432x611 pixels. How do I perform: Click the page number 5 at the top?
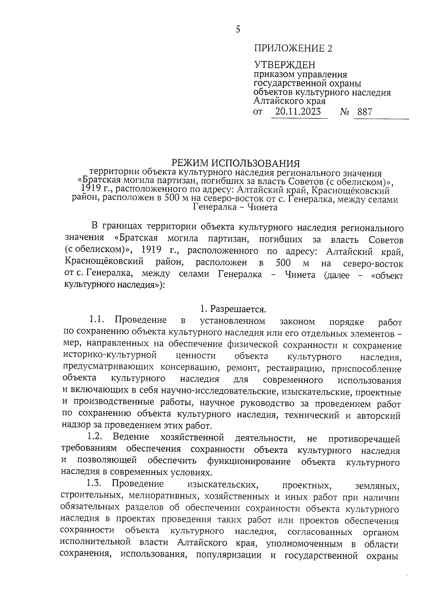(x=238, y=30)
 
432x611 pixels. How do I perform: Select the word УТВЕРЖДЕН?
(x=285, y=65)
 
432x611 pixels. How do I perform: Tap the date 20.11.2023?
(x=298, y=112)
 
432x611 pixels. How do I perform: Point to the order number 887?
(x=364, y=112)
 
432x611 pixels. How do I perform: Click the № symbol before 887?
(x=345, y=112)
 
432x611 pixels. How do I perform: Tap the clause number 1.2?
(x=95, y=437)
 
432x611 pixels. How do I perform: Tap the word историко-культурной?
(x=110, y=356)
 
